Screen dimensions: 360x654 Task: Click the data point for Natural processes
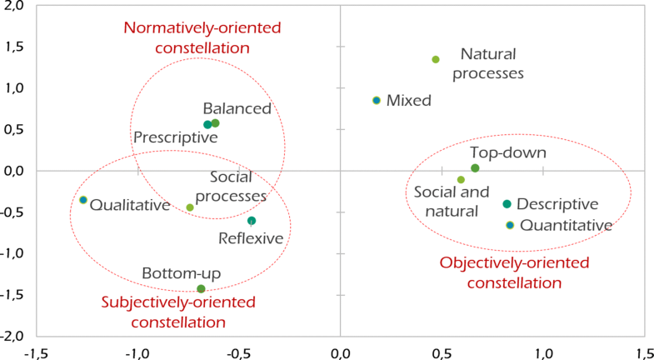tap(436, 59)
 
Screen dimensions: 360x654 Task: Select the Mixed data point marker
tap(377, 100)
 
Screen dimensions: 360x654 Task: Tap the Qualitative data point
tap(83, 200)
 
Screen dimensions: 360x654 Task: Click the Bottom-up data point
tap(201, 289)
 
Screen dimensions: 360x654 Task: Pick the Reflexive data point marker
tap(252, 221)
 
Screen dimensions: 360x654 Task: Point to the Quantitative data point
tap(510, 225)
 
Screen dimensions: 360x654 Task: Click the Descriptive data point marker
tap(507, 204)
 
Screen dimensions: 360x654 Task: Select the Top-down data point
tap(475, 168)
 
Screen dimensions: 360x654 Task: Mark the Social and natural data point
tap(461, 179)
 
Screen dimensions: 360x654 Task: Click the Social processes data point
tap(190, 207)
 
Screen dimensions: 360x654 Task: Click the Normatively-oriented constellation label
tap(187, 37)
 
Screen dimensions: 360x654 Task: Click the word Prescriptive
tap(176, 137)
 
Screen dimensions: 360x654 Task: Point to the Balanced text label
tap(237, 108)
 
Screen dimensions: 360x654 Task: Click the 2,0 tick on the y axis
tap(13, 7)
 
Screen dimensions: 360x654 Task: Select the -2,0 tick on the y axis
tap(12, 336)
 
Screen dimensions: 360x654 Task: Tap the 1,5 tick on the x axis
tap(643, 352)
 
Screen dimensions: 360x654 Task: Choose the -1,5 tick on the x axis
tap(36, 352)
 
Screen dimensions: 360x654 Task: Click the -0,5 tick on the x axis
tap(238, 352)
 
